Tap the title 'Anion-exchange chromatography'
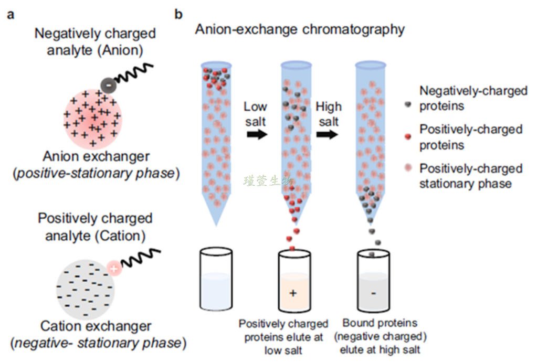point(300,29)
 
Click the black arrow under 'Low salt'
point(256,134)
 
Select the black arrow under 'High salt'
point(328,134)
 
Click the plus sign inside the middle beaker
point(293,293)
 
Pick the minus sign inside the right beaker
point(373,293)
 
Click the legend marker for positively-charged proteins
point(407,136)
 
